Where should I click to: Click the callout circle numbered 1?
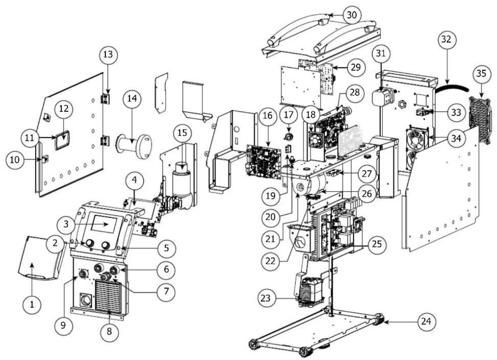(x=32, y=304)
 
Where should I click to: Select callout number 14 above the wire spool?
(x=132, y=98)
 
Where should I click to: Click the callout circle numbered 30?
(x=351, y=15)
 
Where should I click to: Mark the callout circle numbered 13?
(x=108, y=55)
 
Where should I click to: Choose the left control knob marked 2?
(x=90, y=243)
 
